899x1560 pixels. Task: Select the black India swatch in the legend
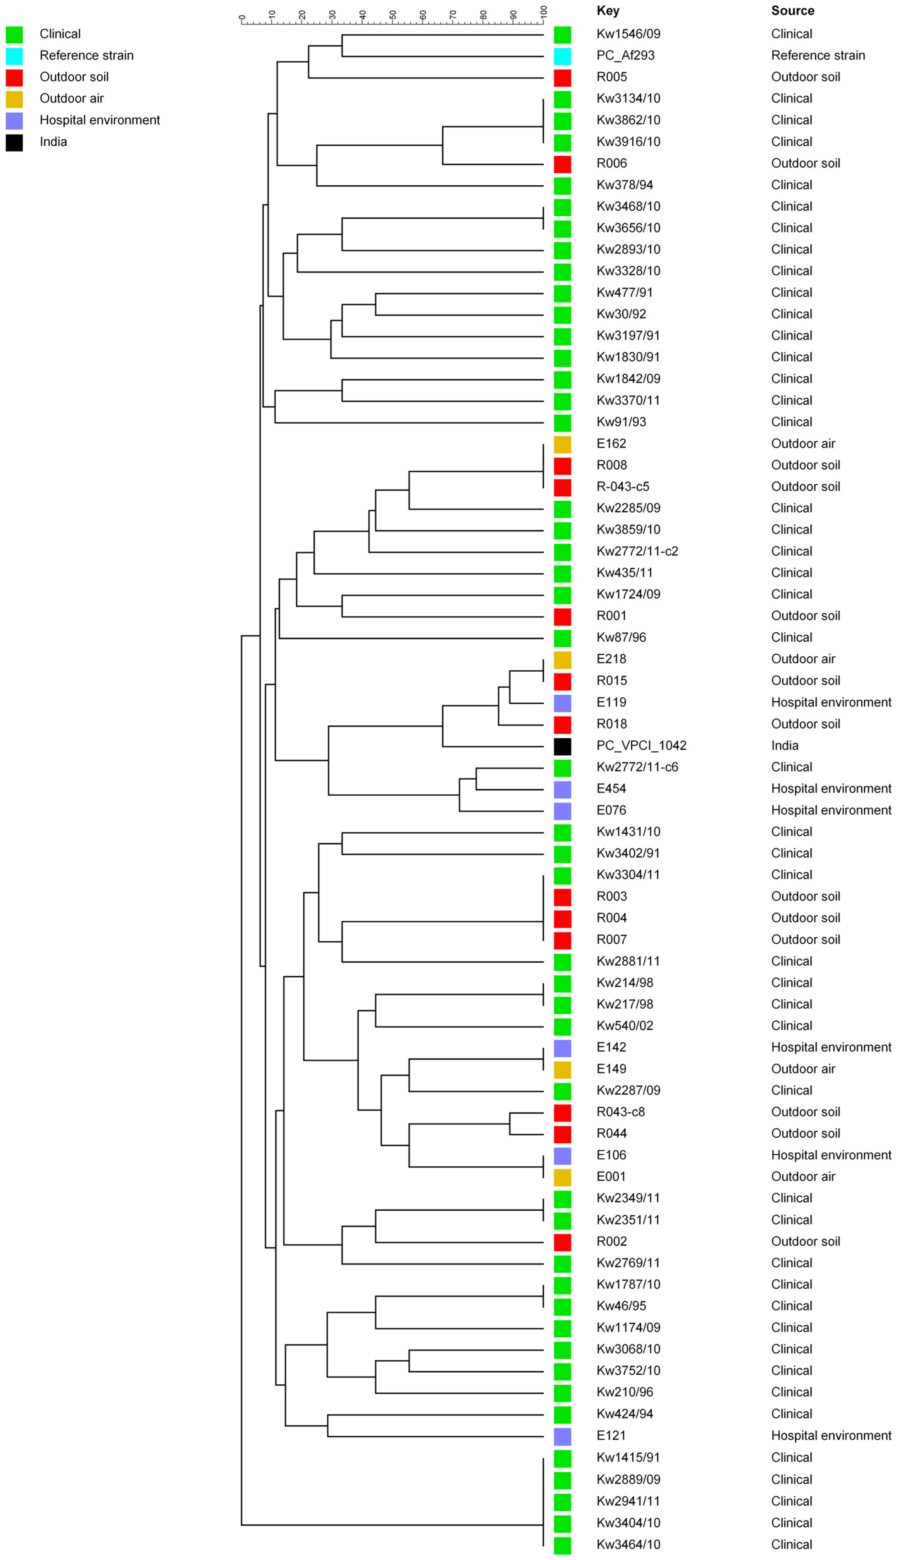coord(14,143)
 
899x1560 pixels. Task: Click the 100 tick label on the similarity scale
coord(543,12)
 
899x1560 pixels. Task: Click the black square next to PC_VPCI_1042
coord(562,746)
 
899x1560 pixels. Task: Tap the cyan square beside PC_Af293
coord(562,56)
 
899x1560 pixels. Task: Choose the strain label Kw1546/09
coord(628,34)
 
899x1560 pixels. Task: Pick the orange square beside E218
coord(562,660)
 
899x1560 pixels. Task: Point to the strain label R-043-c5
coord(622,487)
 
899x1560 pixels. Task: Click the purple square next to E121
coord(562,1436)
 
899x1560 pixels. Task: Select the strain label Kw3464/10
coord(628,1544)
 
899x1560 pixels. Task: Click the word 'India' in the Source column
coord(784,745)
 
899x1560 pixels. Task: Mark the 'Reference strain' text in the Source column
coord(818,56)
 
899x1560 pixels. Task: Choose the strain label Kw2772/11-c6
coord(636,767)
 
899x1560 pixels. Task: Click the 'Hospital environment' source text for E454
coord(830,789)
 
